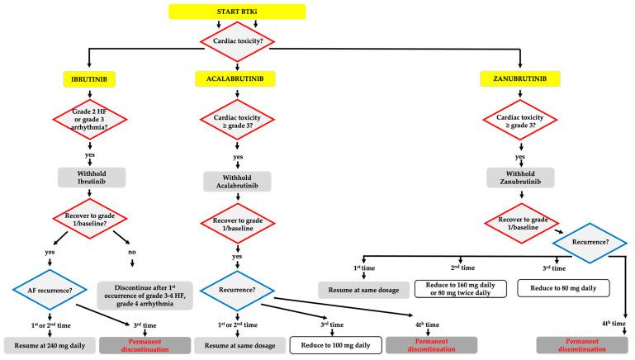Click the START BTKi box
[237, 12]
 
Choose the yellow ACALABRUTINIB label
[238, 78]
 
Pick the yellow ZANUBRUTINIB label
[520, 78]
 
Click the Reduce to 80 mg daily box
[562, 287]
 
